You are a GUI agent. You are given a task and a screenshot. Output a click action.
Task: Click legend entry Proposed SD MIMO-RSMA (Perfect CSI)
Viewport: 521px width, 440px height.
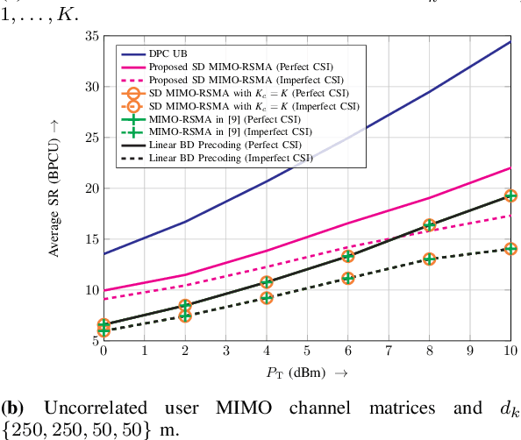click(x=232, y=65)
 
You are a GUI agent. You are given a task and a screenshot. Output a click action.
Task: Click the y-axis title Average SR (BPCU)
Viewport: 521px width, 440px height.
click(x=54, y=188)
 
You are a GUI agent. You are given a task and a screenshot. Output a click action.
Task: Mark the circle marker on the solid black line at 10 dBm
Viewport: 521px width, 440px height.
click(x=510, y=195)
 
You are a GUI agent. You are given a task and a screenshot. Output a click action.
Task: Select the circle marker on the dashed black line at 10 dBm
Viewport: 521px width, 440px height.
click(x=510, y=249)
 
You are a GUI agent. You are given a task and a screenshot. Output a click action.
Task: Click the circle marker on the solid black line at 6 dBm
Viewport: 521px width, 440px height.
click(x=347, y=256)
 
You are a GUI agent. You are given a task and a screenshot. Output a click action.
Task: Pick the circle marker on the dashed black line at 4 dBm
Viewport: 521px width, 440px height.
click(x=266, y=298)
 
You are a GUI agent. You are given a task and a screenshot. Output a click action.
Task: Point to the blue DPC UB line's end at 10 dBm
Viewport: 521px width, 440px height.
click(x=510, y=41)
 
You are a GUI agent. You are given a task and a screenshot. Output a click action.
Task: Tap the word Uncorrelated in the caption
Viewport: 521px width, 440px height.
click(x=85, y=408)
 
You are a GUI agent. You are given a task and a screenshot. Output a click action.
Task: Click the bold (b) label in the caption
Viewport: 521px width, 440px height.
click(x=12, y=408)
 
